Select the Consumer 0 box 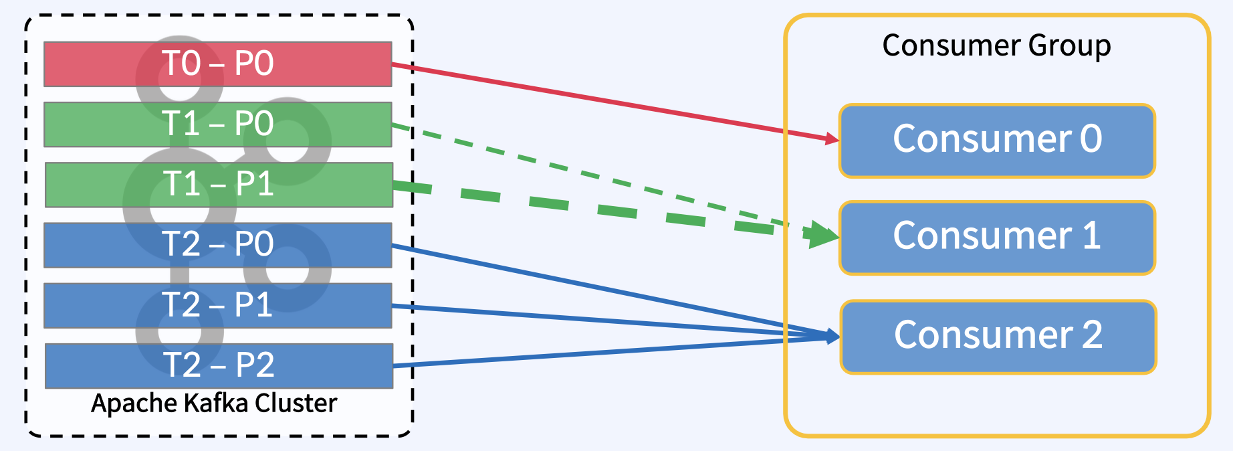click(997, 141)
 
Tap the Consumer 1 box click(997, 238)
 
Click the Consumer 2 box click(998, 337)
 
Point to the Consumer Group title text click(996, 46)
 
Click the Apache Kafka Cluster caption click(214, 403)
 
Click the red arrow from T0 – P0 click(602, 100)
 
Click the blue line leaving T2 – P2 click(602, 353)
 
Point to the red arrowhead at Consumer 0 click(832, 139)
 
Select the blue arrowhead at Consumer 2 click(832, 336)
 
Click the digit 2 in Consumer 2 click(1092, 335)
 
